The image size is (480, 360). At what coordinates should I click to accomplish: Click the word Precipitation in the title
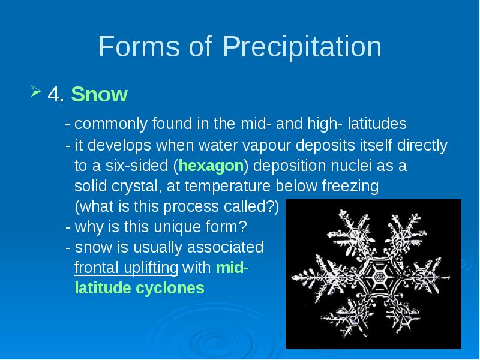tap(302, 47)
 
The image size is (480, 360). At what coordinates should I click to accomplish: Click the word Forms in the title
tap(139, 46)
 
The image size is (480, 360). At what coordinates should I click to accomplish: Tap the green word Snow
tap(99, 94)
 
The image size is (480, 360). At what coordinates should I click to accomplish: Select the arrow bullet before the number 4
tap(36, 91)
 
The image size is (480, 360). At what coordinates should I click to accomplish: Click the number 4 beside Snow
tap(56, 94)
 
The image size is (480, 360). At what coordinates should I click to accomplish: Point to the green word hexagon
tap(211, 166)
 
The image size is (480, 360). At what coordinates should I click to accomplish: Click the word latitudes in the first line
tap(377, 124)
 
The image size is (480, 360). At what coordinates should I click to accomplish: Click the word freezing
tap(350, 186)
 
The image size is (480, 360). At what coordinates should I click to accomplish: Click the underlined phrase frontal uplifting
tap(126, 268)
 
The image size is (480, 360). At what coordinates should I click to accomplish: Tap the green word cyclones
tap(170, 288)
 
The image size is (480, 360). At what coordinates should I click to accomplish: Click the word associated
tap(225, 247)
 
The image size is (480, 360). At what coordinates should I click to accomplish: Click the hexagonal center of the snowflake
tap(380, 277)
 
